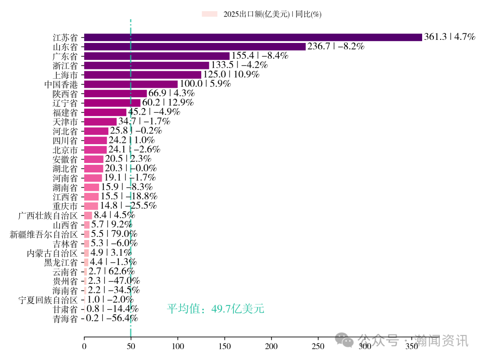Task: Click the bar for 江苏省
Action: pyautogui.click(x=253, y=37)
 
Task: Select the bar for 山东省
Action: pyautogui.click(x=194, y=47)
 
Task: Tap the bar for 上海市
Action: pyautogui.click(x=143, y=75)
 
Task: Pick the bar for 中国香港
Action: pyautogui.click(x=131, y=84)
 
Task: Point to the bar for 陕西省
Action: pyautogui.click(x=115, y=94)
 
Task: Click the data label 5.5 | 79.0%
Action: pyautogui.click(x=114, y=234)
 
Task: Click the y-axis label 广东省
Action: pyautogui.click(x=65, y=56)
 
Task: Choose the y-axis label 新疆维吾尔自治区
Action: pyautogui.click(x=43, y=234)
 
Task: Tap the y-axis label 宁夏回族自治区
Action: pyautogui.click(x=48, y=300)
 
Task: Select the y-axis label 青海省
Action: pyautogui.click(x=65, y=319)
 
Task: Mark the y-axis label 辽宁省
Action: pyautogui.click(x=65, y=103)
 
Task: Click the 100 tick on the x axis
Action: pyautogui.click(x=178, y=346)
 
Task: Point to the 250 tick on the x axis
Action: pyautogui.click(x=318, y=346)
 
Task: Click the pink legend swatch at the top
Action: pyautogui.click(x=209, y=14)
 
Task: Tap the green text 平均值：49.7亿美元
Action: pyautogui.click(x=216, y=309)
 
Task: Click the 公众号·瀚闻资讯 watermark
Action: pyautogui.click(x=403, y=341)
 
